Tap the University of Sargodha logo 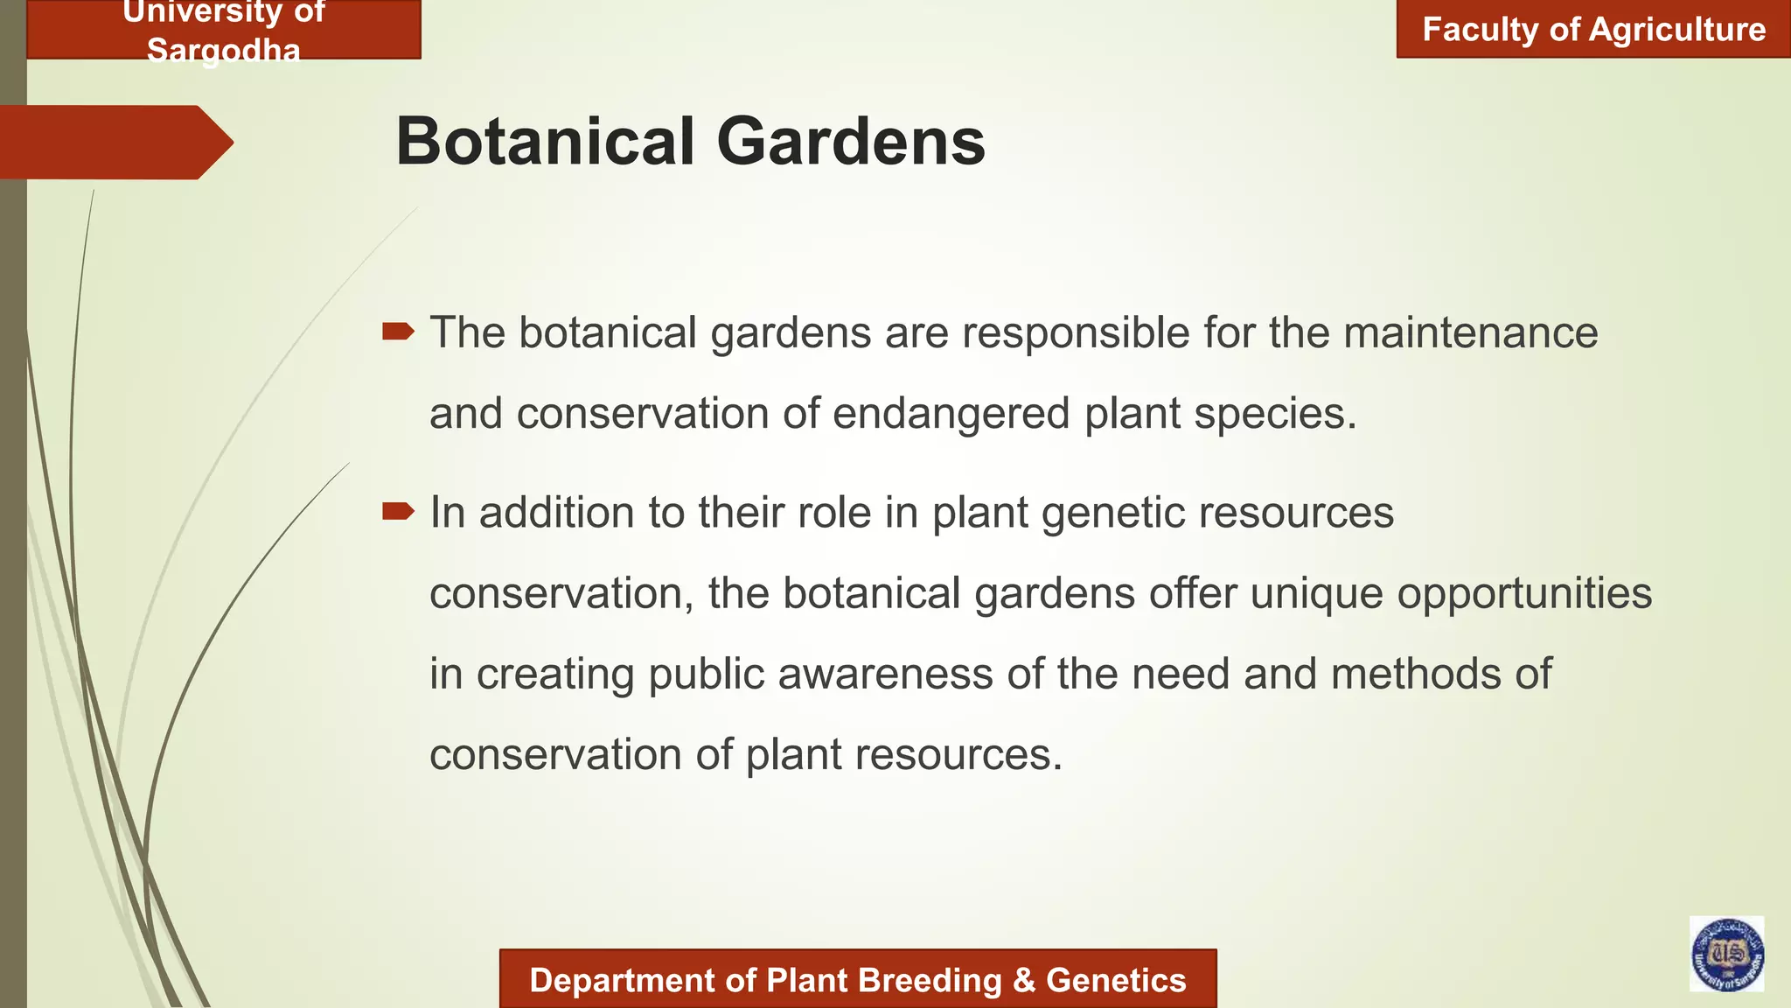click(x=1726, y=954)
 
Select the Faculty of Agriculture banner click(x=1593, y=30)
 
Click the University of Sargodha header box click(x=224, y=31)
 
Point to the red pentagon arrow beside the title click(x=114, y=142)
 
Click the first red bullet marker click(x=398, y=331)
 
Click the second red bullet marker click(x=398, y=511)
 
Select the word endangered click(x=951, y=414)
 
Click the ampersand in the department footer click(x=1023, y=981)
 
